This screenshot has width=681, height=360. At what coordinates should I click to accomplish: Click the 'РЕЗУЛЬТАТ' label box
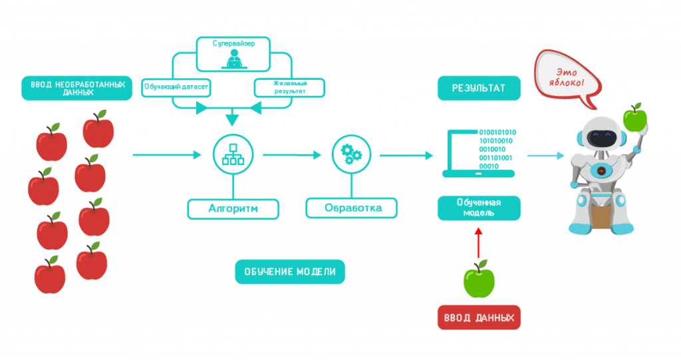479,89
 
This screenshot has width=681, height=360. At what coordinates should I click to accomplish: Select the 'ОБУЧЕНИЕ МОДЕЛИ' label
290,271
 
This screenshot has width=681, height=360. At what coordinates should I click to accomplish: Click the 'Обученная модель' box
479,208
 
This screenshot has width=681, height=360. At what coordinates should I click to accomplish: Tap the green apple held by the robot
634,118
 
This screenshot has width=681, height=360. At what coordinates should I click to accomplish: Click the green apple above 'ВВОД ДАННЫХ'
479,279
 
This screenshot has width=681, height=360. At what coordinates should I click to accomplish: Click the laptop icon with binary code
478,153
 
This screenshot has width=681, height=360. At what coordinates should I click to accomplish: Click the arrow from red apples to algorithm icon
167,155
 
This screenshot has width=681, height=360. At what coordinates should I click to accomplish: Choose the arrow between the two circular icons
293,155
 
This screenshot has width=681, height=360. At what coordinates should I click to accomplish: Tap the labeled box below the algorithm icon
233,208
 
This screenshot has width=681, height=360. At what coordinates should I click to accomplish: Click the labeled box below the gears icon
351,208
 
